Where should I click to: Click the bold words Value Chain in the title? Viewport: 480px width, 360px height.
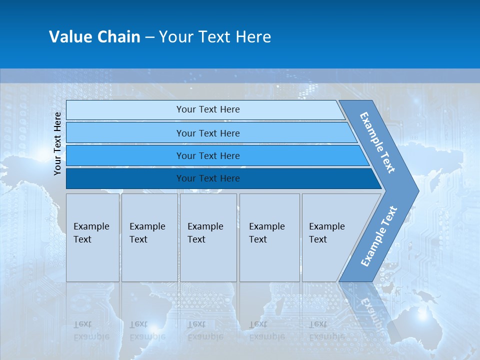[x=94, y=36]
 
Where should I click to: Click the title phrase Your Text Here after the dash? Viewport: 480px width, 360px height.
[x=215, y=36]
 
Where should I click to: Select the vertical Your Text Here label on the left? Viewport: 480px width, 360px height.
[x=57, y=143]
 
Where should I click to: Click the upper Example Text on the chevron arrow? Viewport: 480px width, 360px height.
[x=377, y=142]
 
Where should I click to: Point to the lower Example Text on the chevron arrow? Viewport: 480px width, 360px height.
[x=378, y=236]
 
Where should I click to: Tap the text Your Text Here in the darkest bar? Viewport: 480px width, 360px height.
[x=208, y=178]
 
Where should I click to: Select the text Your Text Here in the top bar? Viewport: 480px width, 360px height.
[x=208, y=109]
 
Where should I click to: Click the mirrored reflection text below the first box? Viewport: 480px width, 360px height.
[x=91, y=330]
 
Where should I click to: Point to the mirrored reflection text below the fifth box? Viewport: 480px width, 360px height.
[x=326, y=330]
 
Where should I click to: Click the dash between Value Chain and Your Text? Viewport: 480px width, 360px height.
[x=149, y=37]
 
